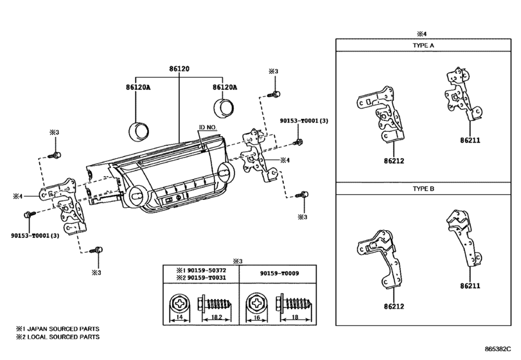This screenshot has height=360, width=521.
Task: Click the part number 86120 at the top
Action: [179, 69]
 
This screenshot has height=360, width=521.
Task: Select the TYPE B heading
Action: [423, 191]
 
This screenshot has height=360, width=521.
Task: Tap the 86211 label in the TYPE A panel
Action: [470, 139]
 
